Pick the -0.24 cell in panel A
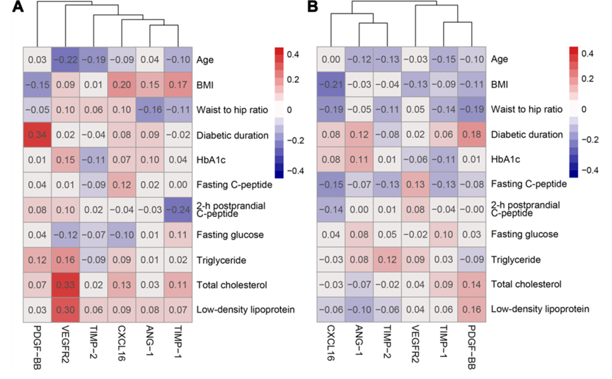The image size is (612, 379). pos(178,209)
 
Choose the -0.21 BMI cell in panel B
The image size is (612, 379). pos(331,85)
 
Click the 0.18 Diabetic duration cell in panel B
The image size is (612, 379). pos(470,134)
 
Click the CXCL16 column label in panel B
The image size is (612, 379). pos(332,344)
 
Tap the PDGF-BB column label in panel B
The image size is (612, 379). pos(470,346)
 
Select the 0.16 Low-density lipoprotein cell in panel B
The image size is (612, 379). pos(470,309)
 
